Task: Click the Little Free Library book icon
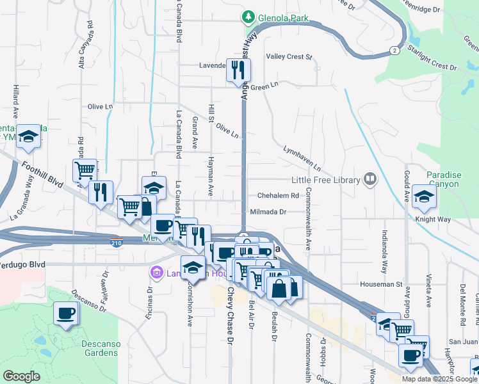(370, 179)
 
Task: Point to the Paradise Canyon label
(443, 179)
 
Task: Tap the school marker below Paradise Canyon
(424, 198)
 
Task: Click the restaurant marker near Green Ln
(239, 71)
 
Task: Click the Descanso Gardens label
(101, 348)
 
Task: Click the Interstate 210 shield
(117, 243)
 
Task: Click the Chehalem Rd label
(279, 196)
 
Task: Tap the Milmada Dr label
(268, 211)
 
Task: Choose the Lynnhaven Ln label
(302, 157)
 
